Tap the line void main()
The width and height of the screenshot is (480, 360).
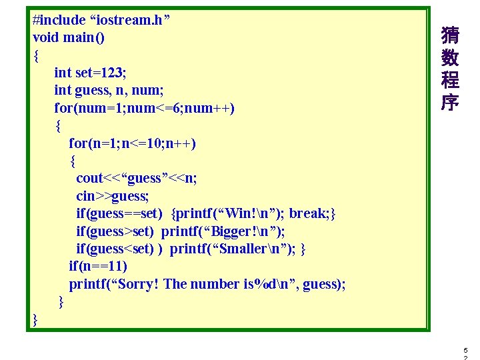click(69, 37)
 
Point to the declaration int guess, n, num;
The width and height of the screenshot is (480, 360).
click(109, 90)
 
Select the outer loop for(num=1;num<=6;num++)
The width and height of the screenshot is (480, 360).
click(144, 107)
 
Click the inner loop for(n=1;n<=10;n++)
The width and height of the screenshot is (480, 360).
click(133, 143)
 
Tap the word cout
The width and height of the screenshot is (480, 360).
click(90, 178)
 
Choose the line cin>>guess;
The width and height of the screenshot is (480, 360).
click(112, 196)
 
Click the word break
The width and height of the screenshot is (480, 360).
click(307, 213)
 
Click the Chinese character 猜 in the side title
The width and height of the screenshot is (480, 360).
click(450, 35)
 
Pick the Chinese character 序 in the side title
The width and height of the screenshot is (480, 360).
click(450, 102)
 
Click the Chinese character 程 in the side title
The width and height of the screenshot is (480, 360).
click(450, 80)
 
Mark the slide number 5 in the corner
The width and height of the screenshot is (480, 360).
click(465, 349)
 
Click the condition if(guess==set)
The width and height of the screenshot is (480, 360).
click(119, 213)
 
